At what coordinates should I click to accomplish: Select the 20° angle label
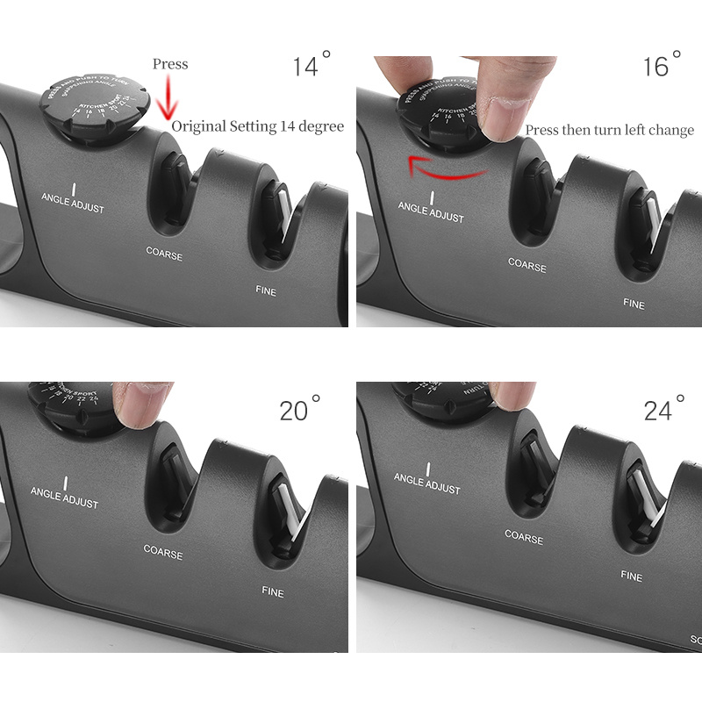pos(300,409)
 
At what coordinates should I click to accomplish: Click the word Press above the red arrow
pos(170,64)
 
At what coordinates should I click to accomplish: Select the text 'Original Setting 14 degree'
pos(257,126)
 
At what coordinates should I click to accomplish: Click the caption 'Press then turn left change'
pos(609,131)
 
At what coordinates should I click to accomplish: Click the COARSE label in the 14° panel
pos(164,255)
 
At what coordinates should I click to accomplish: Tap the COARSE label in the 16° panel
pos(526,263)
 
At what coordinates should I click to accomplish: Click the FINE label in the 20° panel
pos(272,591)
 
